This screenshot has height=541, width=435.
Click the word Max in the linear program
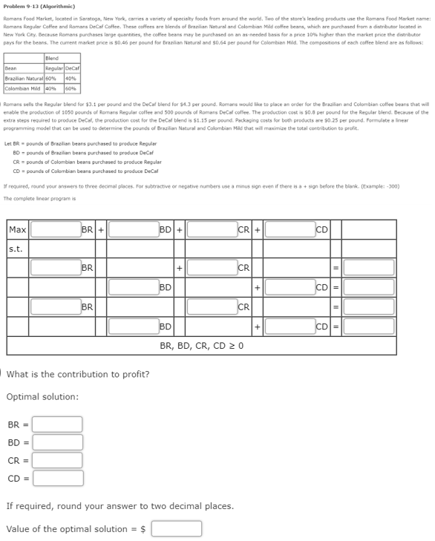coord(18,230)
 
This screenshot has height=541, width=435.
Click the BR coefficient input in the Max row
coord(55,230)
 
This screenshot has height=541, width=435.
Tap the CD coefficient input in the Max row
coord(290,230)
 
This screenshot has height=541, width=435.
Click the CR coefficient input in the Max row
coord(212,230)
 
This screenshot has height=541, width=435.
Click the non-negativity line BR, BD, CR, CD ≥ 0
coord(202,346)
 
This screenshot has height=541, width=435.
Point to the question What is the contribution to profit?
coord(78,374)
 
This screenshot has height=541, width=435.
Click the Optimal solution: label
coord(42,397)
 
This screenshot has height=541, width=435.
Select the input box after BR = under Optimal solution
coord(57,424)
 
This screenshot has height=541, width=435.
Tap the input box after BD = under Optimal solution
coord(57,443)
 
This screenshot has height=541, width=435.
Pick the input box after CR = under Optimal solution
coord(57,461)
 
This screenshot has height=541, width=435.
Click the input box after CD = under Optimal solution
coord(57,479)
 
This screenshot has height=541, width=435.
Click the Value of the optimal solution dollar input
coord(177,528)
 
